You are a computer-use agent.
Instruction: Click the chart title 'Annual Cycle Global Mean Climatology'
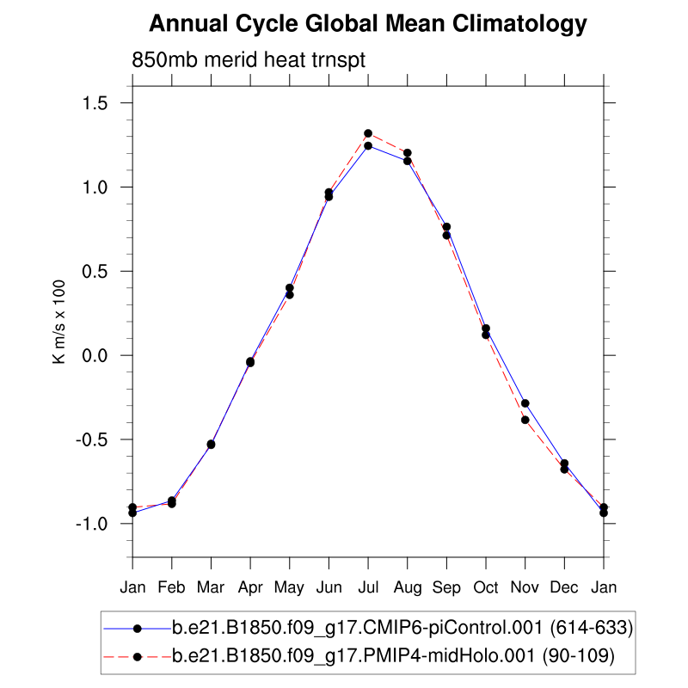coord(368,24)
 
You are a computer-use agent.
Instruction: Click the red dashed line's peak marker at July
coord(368,133)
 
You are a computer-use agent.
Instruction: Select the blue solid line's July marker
coord(368,146)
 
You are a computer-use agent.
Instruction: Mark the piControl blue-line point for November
coord(525,403)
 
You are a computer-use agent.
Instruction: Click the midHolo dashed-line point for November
coord(525,420)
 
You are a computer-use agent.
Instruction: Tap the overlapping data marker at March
coord(211,445)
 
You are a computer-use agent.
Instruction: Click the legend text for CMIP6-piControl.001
coord(402,630)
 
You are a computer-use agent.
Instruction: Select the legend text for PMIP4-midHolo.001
coord(392,657)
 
